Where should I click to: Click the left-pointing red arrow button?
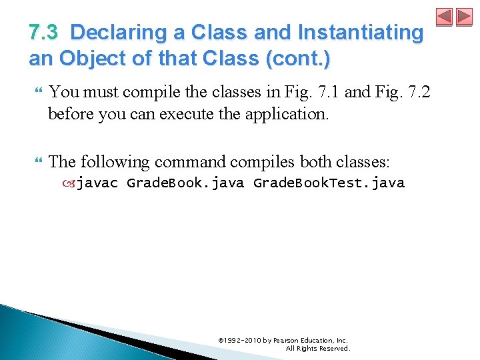[445, 17]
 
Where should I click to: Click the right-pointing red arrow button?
[464, 17]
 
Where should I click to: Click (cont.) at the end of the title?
[297, 59]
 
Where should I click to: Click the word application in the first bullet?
[287, 113]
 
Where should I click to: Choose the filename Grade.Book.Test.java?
[329, 183]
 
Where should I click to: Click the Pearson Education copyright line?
[283, 340]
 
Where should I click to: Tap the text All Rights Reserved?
[317, 348]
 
